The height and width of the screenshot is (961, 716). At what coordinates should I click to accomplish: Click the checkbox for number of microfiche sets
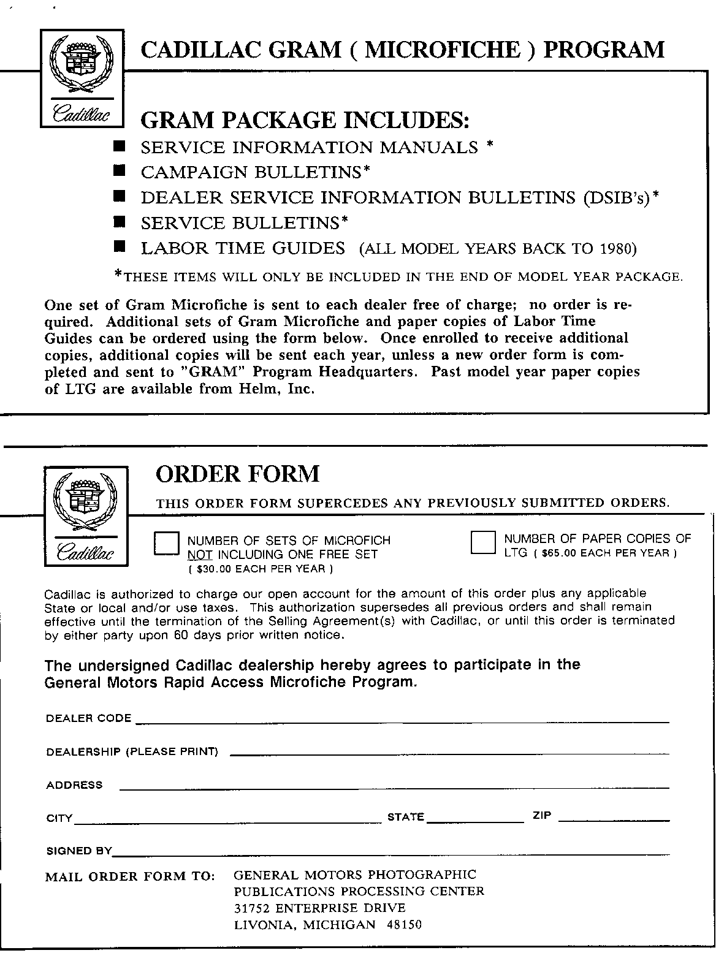(x=166, y=544)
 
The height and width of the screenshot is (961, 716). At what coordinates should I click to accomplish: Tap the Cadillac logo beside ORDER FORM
(x=85, y=516)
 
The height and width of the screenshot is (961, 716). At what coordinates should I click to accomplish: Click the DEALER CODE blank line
(x=402, y=721)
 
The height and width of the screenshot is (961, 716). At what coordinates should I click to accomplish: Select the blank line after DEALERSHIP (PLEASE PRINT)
(x=449, y=753)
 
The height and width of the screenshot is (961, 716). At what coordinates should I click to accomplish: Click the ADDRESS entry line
(x=394, y=787)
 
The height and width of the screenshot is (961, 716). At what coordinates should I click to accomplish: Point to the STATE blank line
(x=475, y=820)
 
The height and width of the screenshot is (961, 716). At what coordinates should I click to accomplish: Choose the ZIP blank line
(x=614, y=819)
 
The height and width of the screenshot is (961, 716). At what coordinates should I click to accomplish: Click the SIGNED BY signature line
(x=390, y=853)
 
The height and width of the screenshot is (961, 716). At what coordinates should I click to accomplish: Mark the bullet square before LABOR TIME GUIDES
(x=120, y=246)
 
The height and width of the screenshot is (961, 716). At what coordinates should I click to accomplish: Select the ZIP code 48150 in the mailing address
(x=404, y=925)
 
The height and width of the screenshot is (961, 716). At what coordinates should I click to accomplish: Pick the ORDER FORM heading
(x=238, y=474)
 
